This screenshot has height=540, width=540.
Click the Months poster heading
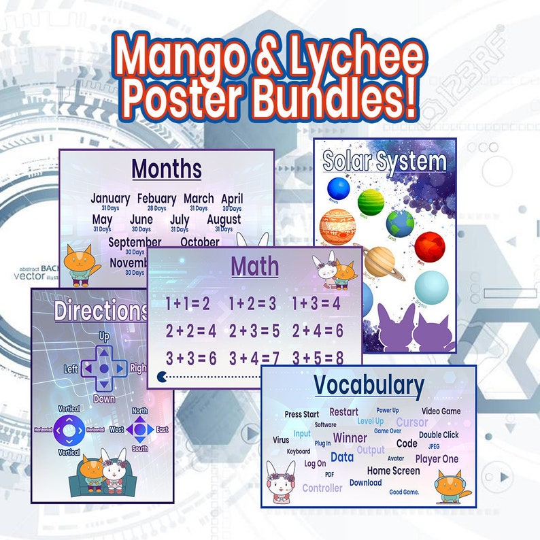[167, 168]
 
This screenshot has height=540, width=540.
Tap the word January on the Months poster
[110, 199]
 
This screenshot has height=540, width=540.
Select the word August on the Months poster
[224, 220]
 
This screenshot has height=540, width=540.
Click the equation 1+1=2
[188, 304]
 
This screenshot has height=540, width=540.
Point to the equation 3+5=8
[318, 358]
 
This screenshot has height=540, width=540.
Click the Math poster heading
[254, 267]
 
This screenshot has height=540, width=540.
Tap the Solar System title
[384, 162]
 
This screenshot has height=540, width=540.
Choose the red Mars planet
[429, 247]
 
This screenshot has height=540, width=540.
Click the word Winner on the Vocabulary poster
[350, 438]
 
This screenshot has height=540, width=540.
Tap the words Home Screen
[393, 471]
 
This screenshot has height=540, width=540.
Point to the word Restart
[343, 412]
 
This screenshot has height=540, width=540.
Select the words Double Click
[439, 435]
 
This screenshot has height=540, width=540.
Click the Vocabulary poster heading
[369, 386]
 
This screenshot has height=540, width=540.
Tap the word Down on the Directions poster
[104, 399]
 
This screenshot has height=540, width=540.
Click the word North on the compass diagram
[139, 411]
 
